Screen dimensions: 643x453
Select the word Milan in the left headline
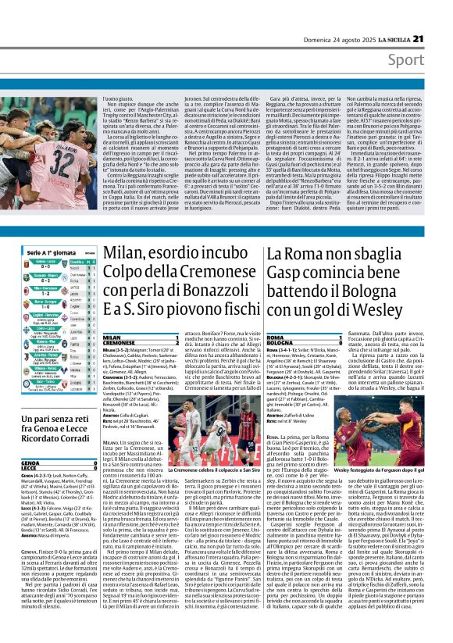(123, 253)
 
